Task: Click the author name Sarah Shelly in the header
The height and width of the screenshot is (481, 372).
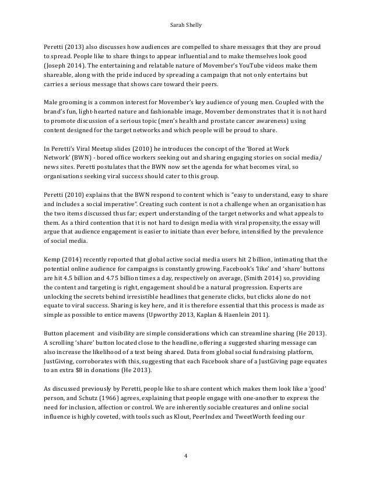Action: pyautogui.click(x=186, y=24)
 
